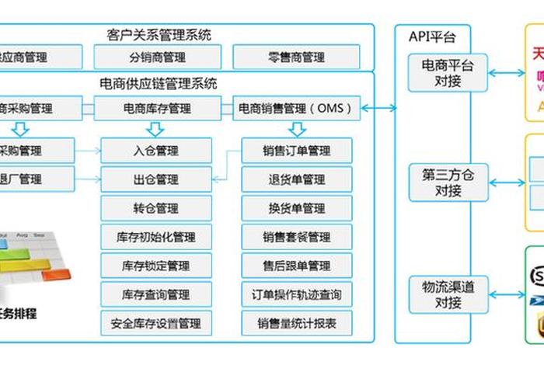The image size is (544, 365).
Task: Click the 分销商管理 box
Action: [158, 57]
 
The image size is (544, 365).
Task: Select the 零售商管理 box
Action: [296, 57]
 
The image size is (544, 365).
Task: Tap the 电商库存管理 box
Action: [158, 109]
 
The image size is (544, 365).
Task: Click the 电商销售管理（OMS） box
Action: [296, 109]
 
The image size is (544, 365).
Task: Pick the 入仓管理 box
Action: [156, 151]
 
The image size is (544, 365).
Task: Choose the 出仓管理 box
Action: [156, 179]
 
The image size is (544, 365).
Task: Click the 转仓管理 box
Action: [156, 208]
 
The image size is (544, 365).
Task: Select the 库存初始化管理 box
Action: [156, 237]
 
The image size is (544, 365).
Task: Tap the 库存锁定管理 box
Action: [156, 266]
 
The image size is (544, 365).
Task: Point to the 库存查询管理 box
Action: [156, 294]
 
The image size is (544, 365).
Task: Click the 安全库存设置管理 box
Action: [156, 323]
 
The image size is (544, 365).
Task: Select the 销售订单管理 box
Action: [296, 151]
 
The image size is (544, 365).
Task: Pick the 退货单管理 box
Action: [296, 179]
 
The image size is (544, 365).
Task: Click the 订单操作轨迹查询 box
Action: [296, 294]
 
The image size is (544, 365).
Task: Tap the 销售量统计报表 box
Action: [296, 323]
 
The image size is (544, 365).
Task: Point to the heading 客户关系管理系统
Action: [159, 34]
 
